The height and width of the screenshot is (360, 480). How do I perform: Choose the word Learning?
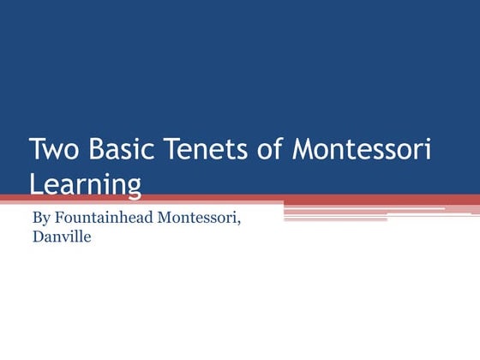click(x=84, y=183)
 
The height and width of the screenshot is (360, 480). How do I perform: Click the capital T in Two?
click(x=37, y=151)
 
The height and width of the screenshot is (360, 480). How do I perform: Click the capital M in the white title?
click(x=303, y=151)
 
